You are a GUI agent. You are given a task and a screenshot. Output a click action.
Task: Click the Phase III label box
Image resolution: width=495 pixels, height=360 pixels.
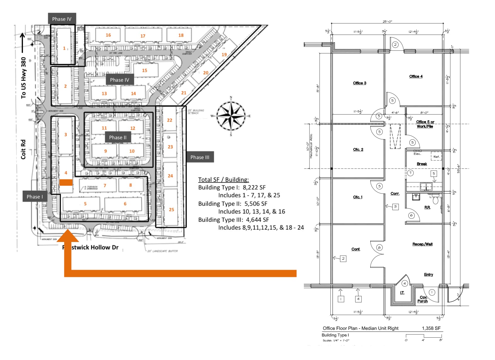click(x=200, y=157)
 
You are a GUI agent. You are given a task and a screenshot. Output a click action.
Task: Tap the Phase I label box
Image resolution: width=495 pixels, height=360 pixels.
click(x=35, y=196)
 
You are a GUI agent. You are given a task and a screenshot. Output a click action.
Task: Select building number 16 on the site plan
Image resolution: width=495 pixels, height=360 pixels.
click(x=108, y=35)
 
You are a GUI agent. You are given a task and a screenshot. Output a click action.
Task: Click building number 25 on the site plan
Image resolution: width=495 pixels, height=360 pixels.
click(x=171, y=209)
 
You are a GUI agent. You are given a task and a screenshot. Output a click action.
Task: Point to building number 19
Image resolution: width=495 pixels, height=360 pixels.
click(x=224, y=54)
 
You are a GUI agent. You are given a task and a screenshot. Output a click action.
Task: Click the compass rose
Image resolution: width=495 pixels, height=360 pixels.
click(x=231, y=116)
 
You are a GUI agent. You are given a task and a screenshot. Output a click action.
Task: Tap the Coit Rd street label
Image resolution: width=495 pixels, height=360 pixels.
click(x=23, y=149)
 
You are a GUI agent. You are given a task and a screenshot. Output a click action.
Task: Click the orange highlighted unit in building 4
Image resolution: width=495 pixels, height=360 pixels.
click(x=66, y=182)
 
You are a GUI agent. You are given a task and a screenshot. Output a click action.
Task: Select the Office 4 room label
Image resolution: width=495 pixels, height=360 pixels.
click(x=416, y=76)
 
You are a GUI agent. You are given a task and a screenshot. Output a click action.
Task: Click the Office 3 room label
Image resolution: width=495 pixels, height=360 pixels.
click(x=359, y=83)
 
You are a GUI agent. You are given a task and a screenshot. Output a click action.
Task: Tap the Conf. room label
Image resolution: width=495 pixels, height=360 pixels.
click(x=356, y=249)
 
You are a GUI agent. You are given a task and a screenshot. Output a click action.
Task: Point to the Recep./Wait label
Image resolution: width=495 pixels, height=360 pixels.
click(x=422, y=244)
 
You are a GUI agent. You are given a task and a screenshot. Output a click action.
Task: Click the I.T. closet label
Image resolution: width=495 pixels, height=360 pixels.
click(x=402, y=293)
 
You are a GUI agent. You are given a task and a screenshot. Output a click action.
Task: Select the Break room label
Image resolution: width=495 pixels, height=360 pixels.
click(x=422, y=164)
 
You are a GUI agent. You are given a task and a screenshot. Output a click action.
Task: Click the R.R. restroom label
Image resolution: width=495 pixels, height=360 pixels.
click(x=427, y=207)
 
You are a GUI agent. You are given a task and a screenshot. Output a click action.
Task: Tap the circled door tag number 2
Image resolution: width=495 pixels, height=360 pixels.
click(x=395, y=44)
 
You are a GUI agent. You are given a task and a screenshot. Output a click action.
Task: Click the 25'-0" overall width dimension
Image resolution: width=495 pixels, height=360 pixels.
click(x=387, y=22)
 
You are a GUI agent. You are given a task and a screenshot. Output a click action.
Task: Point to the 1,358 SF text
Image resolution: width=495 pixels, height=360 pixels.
click(x=431, y=328)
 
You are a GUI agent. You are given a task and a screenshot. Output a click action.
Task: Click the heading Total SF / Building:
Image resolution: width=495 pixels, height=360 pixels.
click(x=223, y=179)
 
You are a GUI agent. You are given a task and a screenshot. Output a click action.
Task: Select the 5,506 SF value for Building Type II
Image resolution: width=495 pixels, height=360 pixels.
click(x=255, y=204)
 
